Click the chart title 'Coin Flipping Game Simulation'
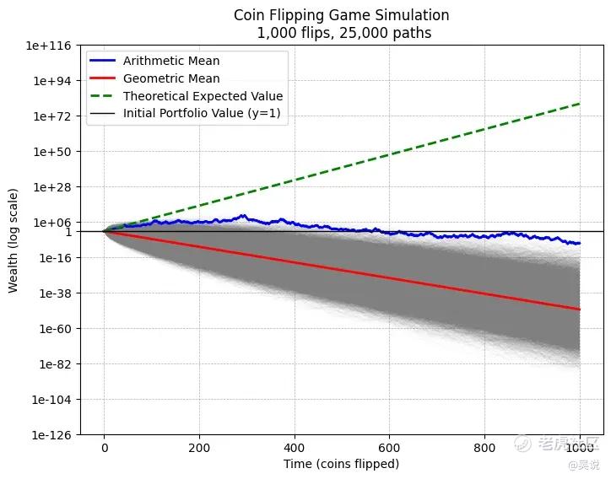tap(341, 15)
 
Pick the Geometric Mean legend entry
tap(171, 78)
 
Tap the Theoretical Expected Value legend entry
tap(203, 96)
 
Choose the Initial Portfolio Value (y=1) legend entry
tap(206, 113)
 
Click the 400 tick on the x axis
tap(295, 449)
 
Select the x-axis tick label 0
tap(105, 449)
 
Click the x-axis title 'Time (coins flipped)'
tap(341, 465)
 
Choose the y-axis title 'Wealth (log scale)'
tap(14, 240)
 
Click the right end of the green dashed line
tap(580, 104)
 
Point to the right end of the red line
tap(580, 309)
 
